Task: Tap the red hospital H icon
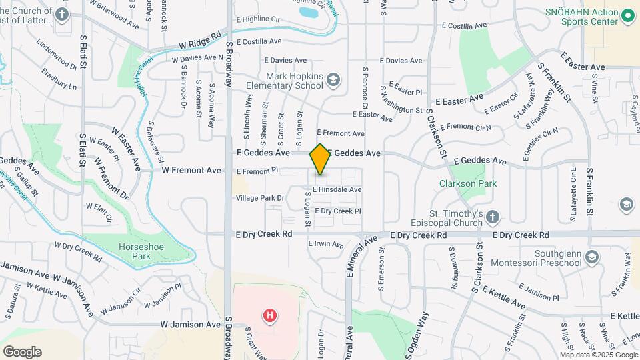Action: [x=270, y=315]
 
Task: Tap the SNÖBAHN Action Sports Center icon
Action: [x=627, y=15]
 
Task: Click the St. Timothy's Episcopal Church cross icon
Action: [x=492, y=217]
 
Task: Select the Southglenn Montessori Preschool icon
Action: [x=593, y=257]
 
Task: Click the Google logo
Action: [x=22, y=351]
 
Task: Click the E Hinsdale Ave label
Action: [x=337, y=190]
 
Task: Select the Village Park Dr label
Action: [x=260, y=198]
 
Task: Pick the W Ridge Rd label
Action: [x=199, y=41]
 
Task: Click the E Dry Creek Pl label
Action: [x=337, y=211]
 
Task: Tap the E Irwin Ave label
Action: [x=327, y=244]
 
